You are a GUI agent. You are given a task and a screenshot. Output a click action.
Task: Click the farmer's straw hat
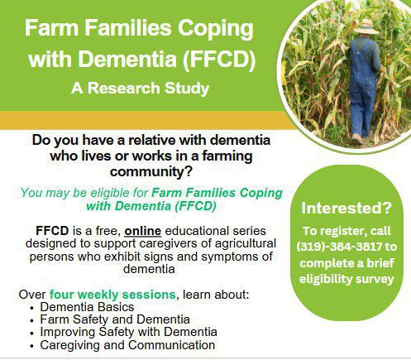point(366,27)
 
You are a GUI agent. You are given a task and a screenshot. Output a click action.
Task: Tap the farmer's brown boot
point(357,139)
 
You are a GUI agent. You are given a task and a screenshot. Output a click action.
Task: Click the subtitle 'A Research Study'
point(141,89)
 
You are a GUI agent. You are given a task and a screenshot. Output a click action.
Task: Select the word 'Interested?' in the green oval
point(346,208)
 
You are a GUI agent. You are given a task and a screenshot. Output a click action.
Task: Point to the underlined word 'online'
point(142,231)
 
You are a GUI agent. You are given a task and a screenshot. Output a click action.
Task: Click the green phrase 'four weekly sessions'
point(112,295)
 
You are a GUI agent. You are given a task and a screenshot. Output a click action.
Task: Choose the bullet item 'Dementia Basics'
point(87,307)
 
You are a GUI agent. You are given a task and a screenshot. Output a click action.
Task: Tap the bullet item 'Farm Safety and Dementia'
point(115,319)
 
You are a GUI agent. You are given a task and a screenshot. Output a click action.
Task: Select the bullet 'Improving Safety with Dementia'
point(128,332)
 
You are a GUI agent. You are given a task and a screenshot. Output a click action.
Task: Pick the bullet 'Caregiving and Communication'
point(127,345)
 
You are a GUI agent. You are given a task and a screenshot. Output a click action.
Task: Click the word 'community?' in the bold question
point(151,172)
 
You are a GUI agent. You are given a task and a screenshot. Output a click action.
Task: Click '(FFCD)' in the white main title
point(218,59)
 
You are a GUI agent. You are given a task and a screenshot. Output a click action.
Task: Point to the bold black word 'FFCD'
point(52,231)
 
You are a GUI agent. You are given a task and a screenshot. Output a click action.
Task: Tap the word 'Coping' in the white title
point(216,29)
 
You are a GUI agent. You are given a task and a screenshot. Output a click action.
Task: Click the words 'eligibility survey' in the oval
point(346,279)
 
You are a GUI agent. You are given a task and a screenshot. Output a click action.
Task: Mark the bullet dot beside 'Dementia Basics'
point(32,308)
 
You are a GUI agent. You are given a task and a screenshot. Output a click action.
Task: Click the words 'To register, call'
point(346,231)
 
